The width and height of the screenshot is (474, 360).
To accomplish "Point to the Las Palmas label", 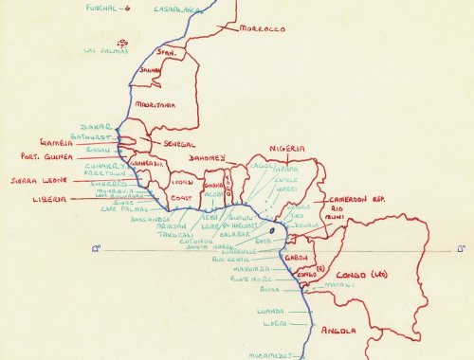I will click(106, 51).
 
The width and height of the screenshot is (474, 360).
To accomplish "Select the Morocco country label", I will click(263, 29).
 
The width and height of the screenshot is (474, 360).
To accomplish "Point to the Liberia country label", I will click(49, 200).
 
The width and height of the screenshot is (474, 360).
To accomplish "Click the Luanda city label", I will click(270, 310).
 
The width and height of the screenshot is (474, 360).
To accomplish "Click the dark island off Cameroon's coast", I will click(275, 231).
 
